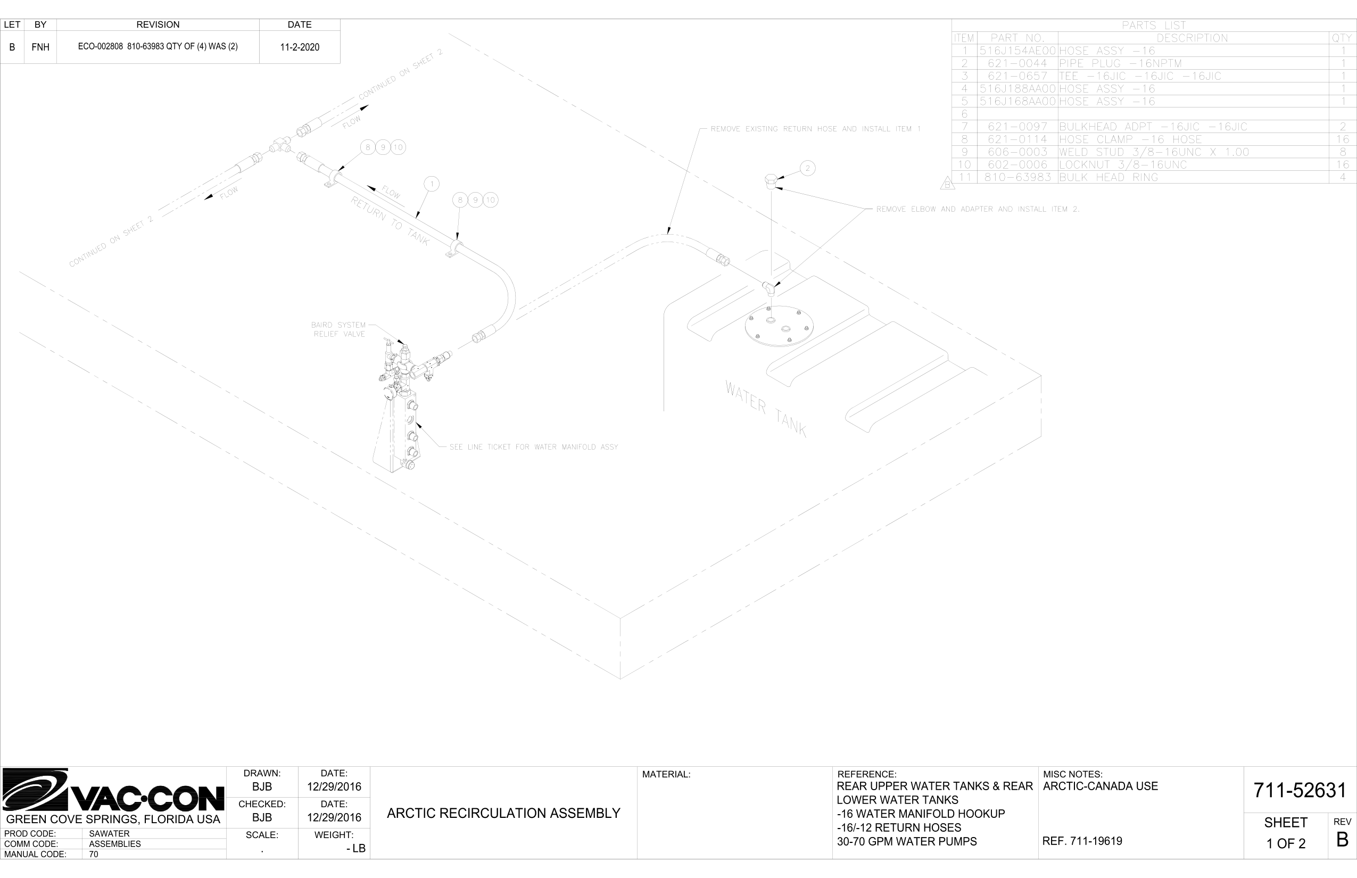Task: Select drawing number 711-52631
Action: pos(1300,790)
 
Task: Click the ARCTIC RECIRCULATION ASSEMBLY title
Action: pos(503,813)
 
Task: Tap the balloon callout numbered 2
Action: pos(807,168)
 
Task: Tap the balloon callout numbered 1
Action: pos(432,184)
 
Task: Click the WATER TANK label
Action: pos(765,408)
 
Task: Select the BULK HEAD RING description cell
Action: pos(1108,177)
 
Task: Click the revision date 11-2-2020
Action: pos(299,47)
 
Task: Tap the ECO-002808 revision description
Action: pos(158,47)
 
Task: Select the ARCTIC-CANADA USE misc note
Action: pos(1101,786)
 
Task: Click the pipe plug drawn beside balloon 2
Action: pos(769,183)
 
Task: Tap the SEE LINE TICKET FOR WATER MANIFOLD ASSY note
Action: pos(534,447)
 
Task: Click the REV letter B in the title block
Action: pos(1342,840)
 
